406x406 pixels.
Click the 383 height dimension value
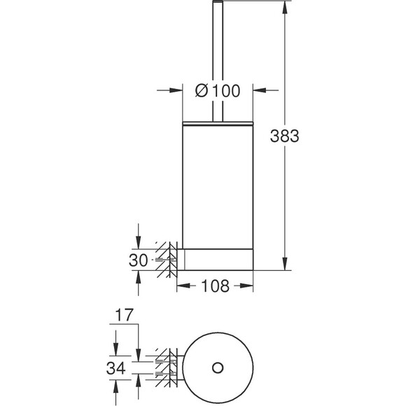click(x=284, y=136)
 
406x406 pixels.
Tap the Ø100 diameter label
click(x=218, y=90)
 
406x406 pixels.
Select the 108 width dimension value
click(x=215, y=286)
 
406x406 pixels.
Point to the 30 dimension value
click(x=139, y=260)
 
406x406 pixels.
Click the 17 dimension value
click(x=124, y=315)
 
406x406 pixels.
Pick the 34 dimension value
click(x=115, y=368)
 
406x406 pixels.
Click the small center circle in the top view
click(x=218, y=367)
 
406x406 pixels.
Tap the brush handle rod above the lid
click(x=218, y=61)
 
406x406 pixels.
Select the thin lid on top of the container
click(x=218, y=123)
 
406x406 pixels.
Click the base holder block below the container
click(x=215, y=260)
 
